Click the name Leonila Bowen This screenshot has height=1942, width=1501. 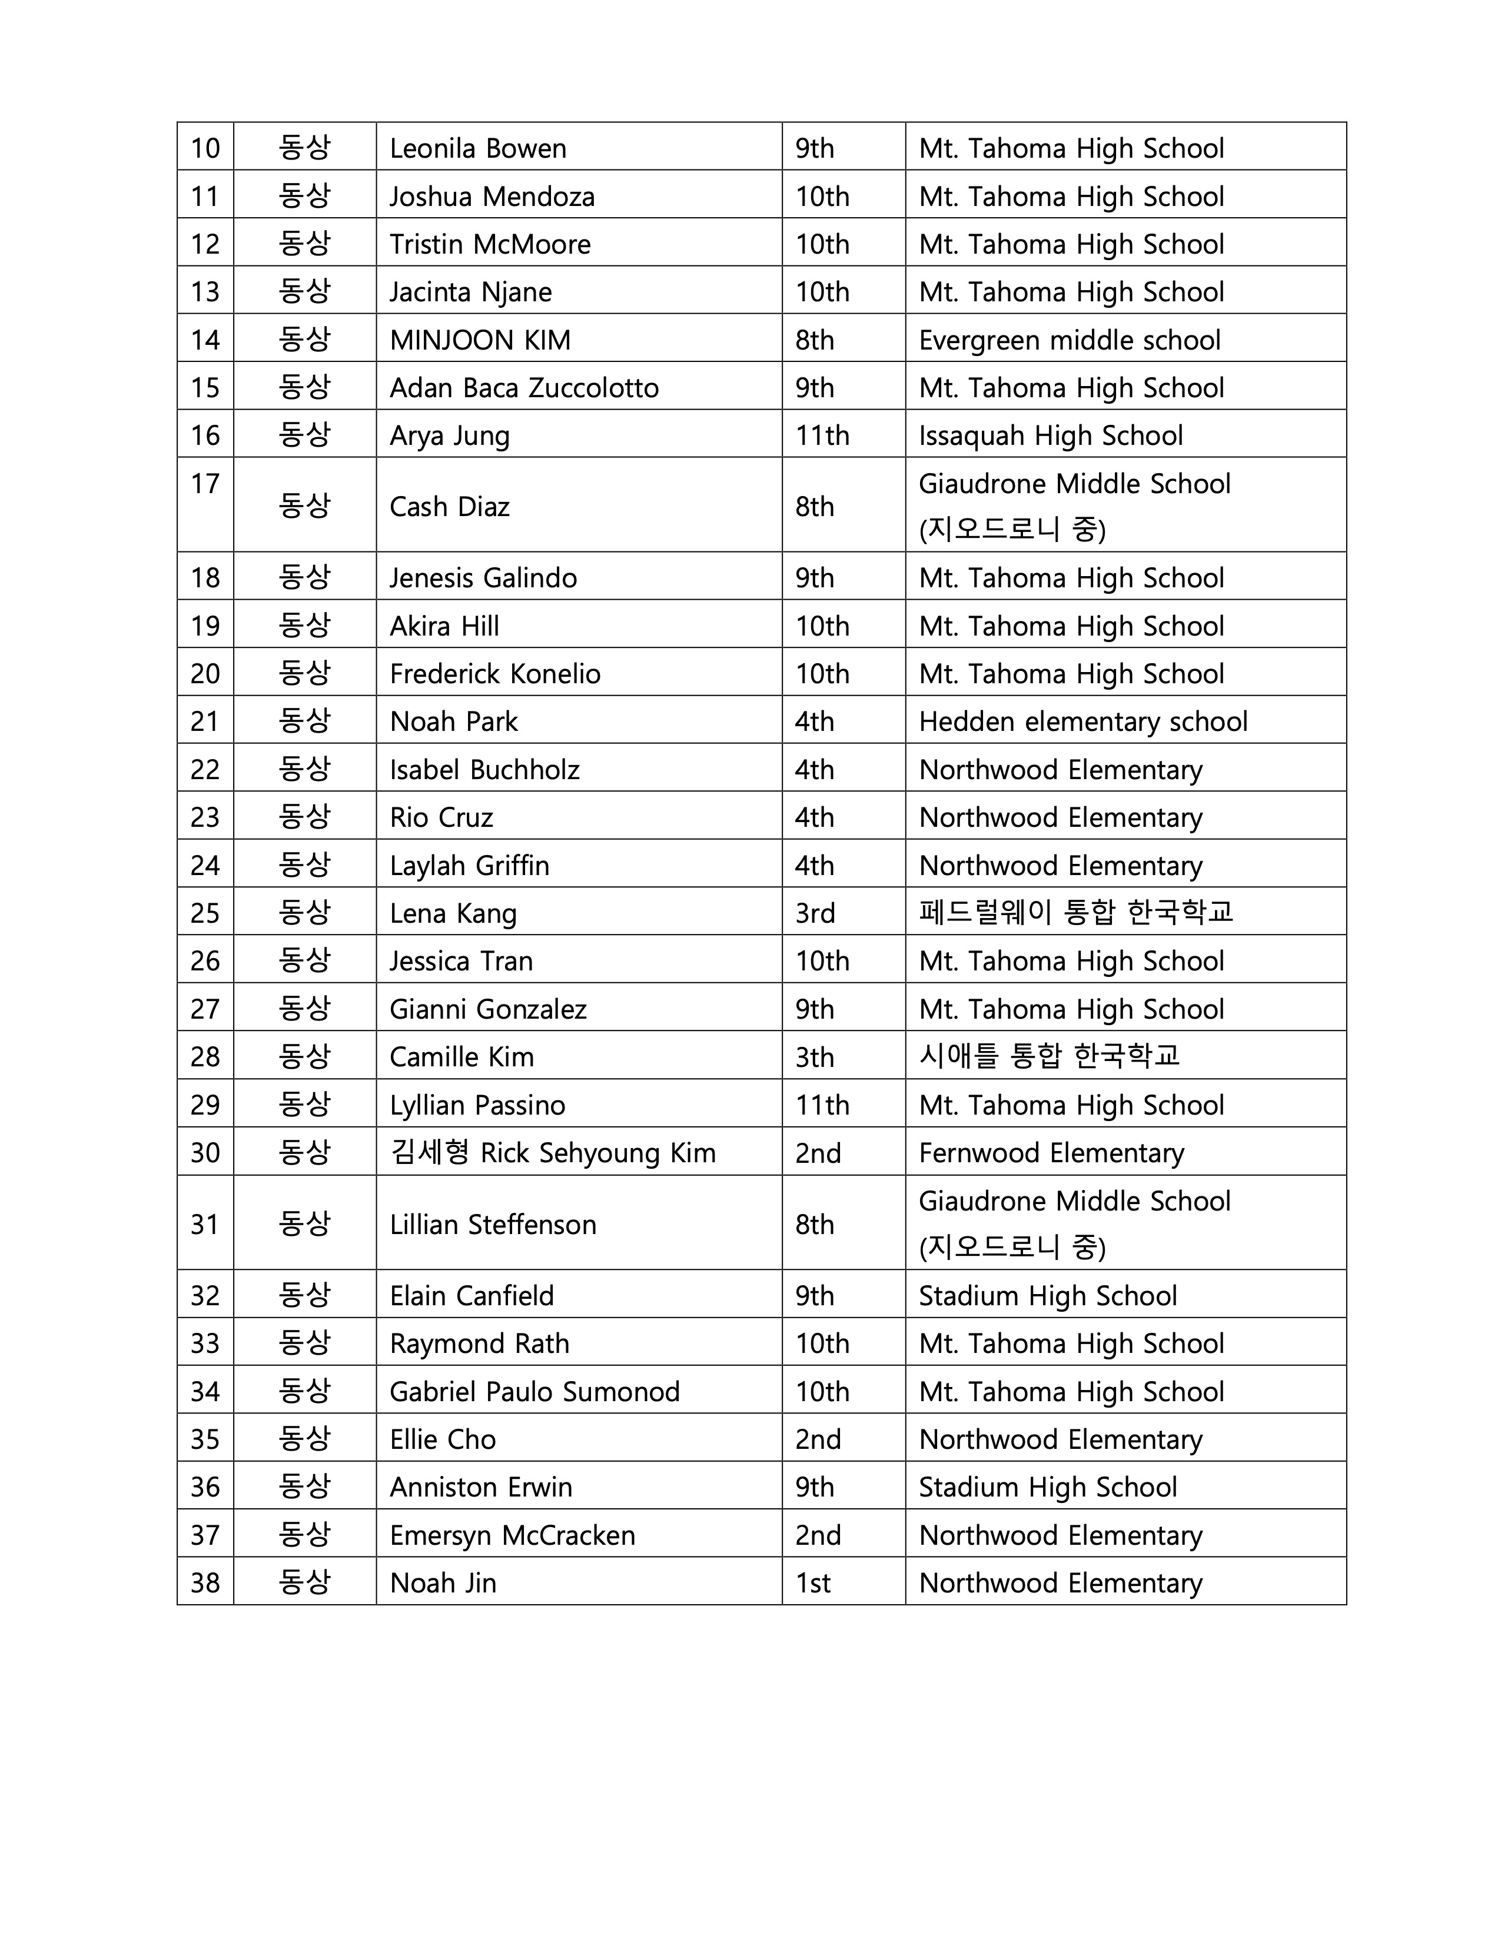(477, 148)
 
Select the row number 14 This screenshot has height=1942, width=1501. (205, 340)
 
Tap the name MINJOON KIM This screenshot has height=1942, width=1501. (480, 340)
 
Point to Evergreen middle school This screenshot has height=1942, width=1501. (1069, 340)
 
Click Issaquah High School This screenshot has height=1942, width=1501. (1050, 435)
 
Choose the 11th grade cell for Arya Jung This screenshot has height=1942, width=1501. (822, 435)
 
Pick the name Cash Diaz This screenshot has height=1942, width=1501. (449, 507)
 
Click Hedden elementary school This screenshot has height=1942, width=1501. (1082, 721)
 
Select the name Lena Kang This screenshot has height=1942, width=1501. (453, 913)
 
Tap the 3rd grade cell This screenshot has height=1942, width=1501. (815, 913)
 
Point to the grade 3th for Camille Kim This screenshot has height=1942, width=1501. (815, 1058)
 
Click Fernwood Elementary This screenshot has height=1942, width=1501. (1051, 1153)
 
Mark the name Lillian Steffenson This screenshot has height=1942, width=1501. (493, 1225)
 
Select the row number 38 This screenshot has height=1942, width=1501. (205, 1584)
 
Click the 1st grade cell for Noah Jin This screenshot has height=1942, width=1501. (813, 1584)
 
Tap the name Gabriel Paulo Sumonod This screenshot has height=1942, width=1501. (534, 1392)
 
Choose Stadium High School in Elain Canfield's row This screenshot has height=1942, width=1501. (1048, 1296)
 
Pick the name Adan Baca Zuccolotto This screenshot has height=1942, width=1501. (524, 388)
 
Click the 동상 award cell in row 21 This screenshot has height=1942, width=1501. (304, 720)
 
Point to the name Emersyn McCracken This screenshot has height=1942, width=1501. (512, 1535)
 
